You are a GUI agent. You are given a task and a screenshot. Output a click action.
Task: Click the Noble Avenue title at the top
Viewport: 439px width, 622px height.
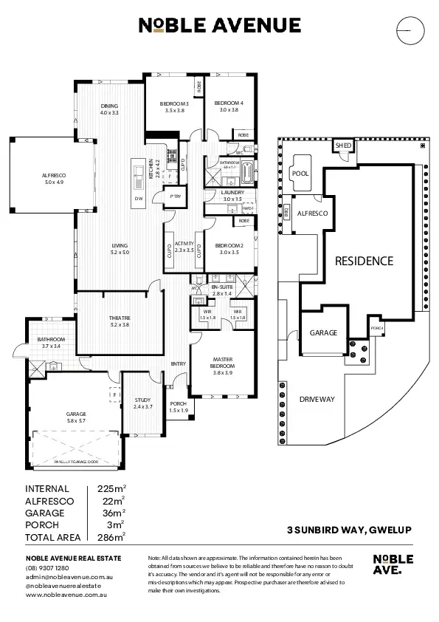click(x=219, y=26)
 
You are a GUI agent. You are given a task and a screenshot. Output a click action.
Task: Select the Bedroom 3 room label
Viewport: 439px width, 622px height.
click(x=175, y=103)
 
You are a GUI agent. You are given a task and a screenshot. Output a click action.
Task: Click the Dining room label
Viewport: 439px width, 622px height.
click(x=109, y=106)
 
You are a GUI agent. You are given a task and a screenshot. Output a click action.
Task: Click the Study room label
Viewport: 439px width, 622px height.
click(x=142, y=400)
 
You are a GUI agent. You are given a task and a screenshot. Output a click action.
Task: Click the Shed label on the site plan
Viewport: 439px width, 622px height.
click(x=343, y=146)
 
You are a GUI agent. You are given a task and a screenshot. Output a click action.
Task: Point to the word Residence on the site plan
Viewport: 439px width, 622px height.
click(x=364, y=261)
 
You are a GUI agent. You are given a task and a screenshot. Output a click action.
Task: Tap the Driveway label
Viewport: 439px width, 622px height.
click(x=317, y=399)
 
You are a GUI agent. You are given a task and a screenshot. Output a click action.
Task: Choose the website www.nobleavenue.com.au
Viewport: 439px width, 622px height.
click(x=68, y=594)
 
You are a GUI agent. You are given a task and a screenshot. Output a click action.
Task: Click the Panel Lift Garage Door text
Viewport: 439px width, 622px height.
click(x=76, y=461)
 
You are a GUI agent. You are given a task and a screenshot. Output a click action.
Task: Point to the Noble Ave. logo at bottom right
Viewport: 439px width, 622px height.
click(x=388, y=564)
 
